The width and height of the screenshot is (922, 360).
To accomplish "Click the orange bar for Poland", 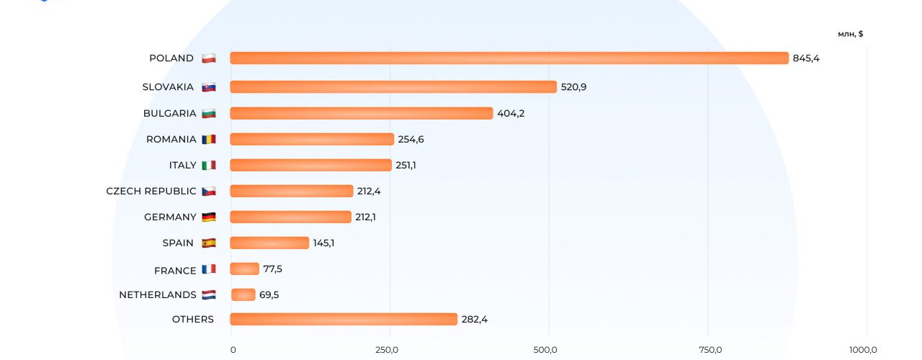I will pyautogui.click(x=509, y=58).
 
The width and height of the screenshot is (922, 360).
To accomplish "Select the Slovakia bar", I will pyautogui.click(x=393, y=87).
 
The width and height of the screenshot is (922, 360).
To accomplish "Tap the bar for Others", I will pyautogui.click(x=344, y=319).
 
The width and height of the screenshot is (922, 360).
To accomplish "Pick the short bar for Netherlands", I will pyautogui.click(x=243, y=294).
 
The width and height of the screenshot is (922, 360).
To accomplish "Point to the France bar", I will pyautogui.click(x=245, y=269).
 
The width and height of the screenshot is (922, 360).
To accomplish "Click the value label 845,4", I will pyautogui.click(x=806, y=58).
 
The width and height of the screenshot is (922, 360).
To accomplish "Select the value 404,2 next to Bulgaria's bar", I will pyautogui.click(x=511, y=113).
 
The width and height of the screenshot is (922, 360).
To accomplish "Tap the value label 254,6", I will pyautogui.click(x=411, y=139).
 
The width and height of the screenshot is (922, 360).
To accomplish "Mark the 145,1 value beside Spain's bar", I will pyautogui.click(x=323, y=243).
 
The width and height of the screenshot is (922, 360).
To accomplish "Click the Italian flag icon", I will pyautogui.click(x=209, y=165).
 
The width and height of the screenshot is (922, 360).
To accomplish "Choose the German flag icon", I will pyautogui.click(x=209, y=217).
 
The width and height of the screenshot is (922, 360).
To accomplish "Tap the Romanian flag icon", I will pyautogui.click(x=209, y=139).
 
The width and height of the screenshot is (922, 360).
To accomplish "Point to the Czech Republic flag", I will pyautogui.click(x=209, y=191).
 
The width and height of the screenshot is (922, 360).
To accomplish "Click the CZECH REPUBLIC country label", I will pyautogui.click(x=151, y=191).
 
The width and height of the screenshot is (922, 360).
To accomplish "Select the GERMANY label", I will pyautogui.click(x=170, y=217).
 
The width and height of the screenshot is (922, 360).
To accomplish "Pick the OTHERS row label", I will pyautogui.click(x=192, y=319).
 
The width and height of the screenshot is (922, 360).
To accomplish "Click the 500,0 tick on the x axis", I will pyautogui.click(x=545, y=350).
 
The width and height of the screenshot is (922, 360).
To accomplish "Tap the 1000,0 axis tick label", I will pyautogui.click(x=863, y=350).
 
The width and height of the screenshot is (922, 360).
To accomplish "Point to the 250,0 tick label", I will pyautogui.click(x=387, y=350).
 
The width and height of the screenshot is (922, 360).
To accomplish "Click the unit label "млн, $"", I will pyautogui.click(x=851, y=34).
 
